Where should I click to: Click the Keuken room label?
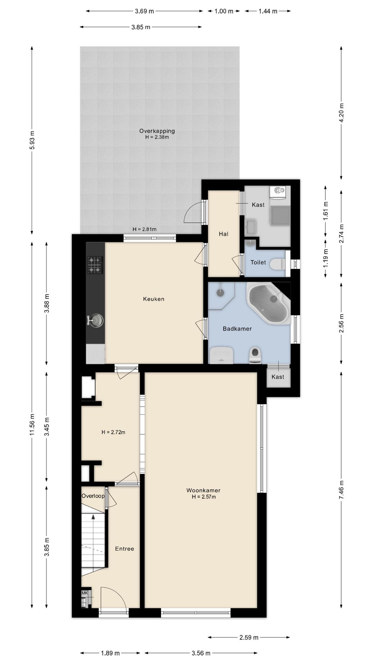coord(154,299)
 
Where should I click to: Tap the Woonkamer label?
coord(203,490)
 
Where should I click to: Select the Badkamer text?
coord(237,329)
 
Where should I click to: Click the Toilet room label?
coord(258,262)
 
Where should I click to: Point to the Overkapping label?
coord(157,131)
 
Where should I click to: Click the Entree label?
coord(125,548)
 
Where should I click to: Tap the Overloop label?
coord(93,496)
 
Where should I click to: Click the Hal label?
coord(224,234)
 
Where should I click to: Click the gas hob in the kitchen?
coord(95,265)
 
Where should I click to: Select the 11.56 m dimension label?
coord(32,425)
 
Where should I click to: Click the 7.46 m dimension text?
coord(342,489)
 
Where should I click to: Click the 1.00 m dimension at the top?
coord(224,11)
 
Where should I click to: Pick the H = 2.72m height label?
coord(113,432)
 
